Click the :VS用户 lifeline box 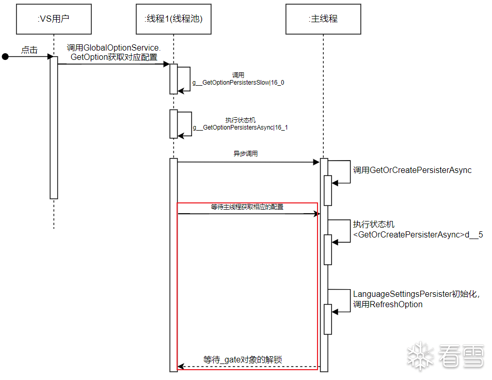click(54, 19)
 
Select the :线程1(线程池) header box click(173, 19)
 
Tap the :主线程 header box click(324, 19)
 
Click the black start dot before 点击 click(5, 56)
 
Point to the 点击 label click(29, 50)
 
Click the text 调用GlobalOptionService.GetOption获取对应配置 click(114, 53)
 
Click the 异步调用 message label click(245, 154)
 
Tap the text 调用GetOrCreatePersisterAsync click(412, 170)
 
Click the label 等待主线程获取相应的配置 click(247, 207)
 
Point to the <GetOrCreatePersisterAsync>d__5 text click(418, 235)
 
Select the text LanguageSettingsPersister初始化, click(417, 294)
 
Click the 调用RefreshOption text click(388, 305)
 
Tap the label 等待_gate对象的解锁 click(242, 360)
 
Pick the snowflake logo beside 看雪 click(420, 355)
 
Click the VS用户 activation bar click(54, 127)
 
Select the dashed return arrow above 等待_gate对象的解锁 click(248, 367)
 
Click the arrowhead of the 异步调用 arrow click(317, 162)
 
